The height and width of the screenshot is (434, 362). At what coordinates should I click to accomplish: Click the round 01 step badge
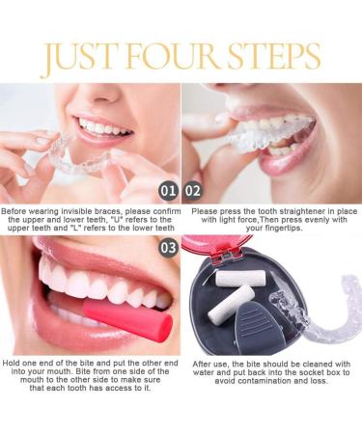click(166, 190)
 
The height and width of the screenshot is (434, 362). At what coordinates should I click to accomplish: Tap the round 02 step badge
click(193, 190)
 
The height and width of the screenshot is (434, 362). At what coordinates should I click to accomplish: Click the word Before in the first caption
click(17, 210)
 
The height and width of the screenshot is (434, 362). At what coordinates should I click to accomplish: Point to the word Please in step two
click(206, 210)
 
